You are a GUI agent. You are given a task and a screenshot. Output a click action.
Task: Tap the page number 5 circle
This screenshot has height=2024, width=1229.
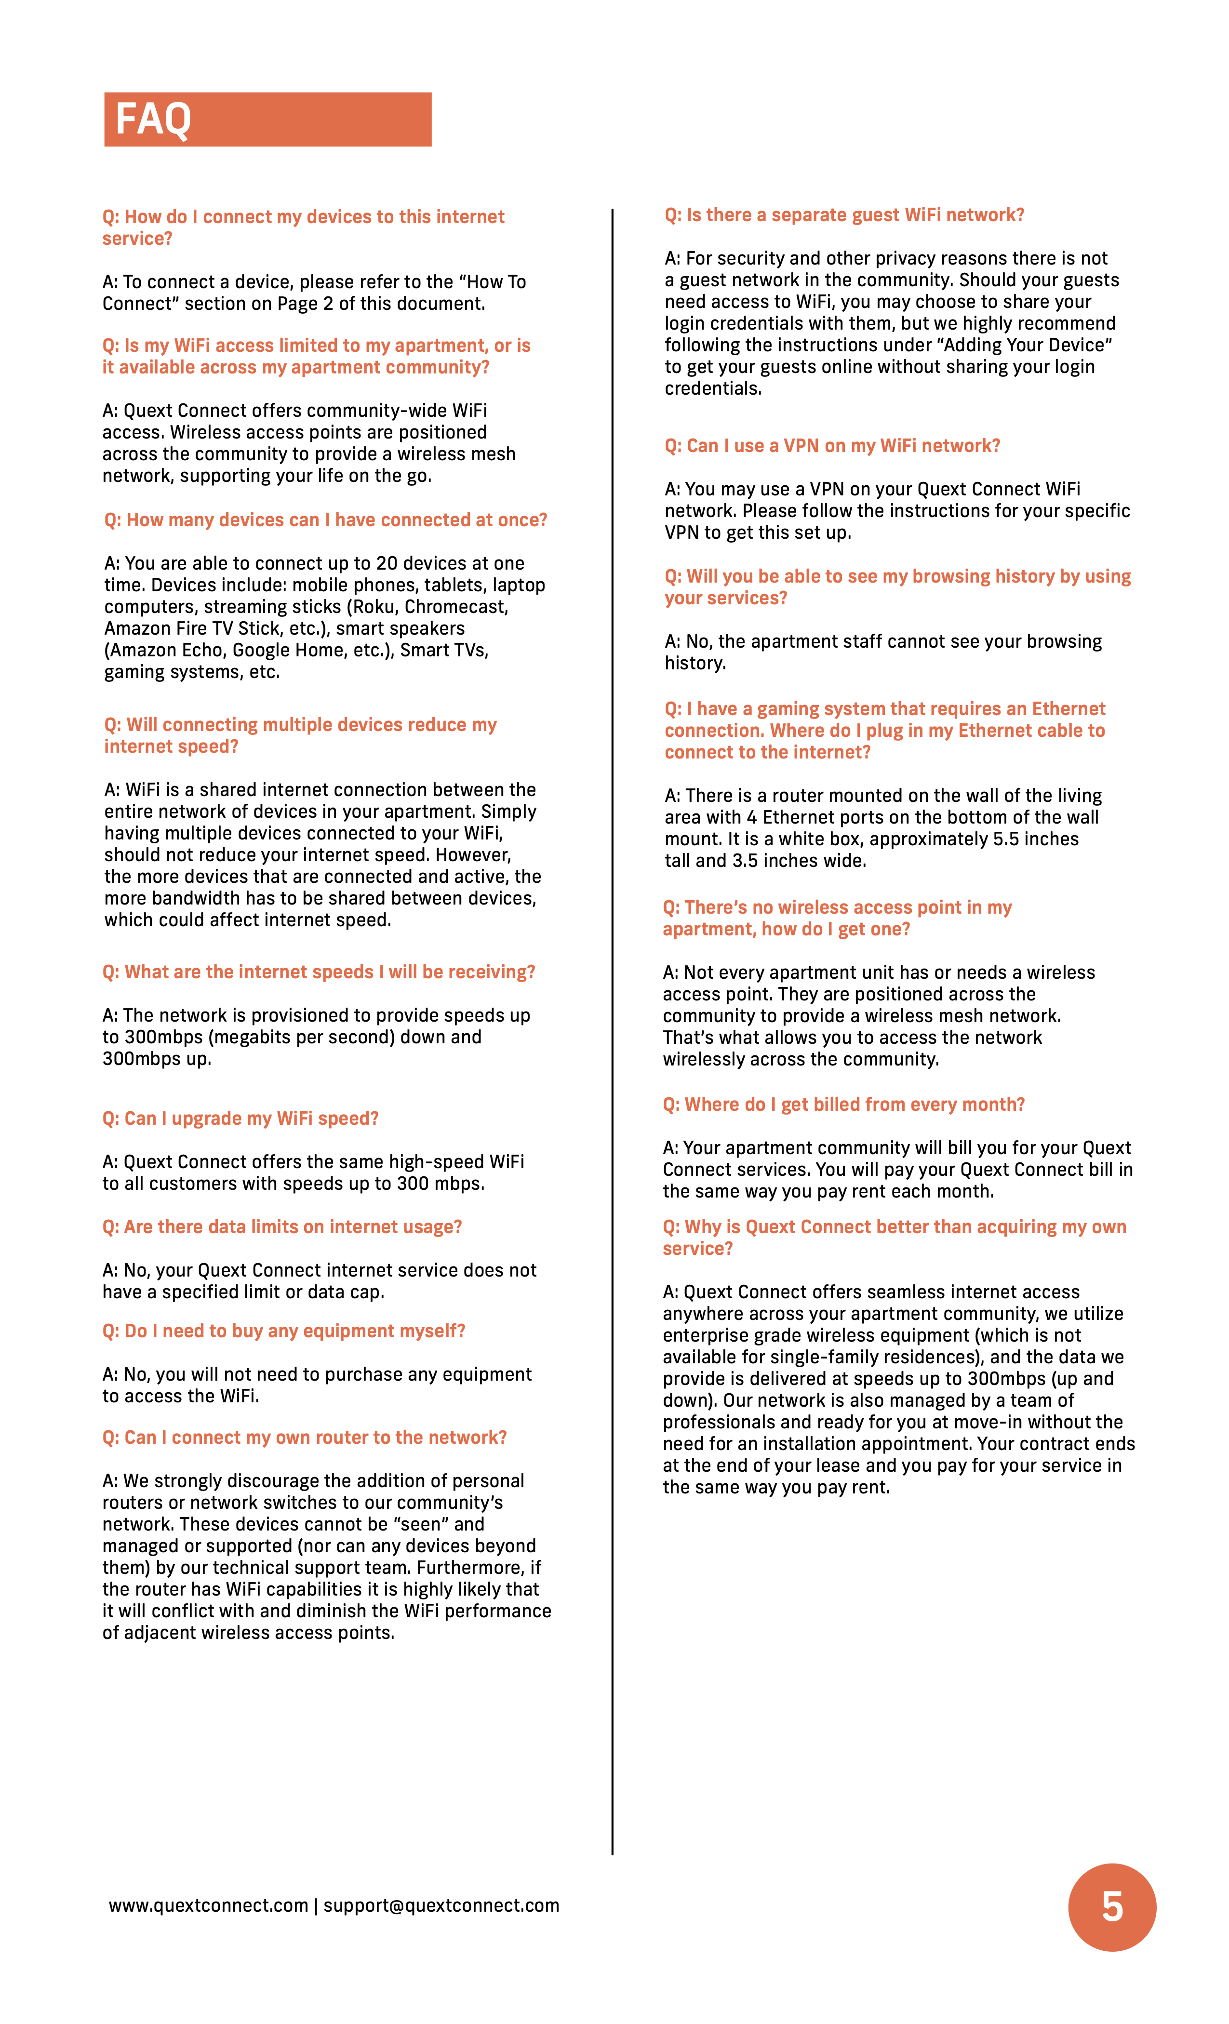point(1111,1906)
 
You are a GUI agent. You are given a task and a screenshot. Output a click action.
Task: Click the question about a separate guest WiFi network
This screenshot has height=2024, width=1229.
point(844,215)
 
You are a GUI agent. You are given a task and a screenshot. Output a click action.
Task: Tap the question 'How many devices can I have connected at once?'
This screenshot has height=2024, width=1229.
point(325,520)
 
